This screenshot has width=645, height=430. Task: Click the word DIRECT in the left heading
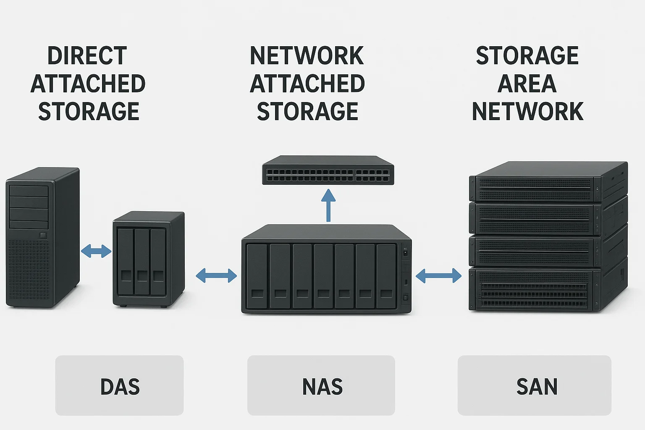pyautogui.click(x=87, y=56)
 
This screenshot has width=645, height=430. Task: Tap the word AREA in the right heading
pyautogui.click(x=527, y=84)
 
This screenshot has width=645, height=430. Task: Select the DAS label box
pyautogui.click(x=119, y=385)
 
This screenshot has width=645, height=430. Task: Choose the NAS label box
pyautogui.click(x=321, y=385)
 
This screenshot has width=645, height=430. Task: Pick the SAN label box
pyautogui.click(x=535, y=385)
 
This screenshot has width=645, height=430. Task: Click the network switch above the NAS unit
pyautogui.click(x=328, y=171)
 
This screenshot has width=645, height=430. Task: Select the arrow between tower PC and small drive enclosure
pyautogui.click(x=96, y=251)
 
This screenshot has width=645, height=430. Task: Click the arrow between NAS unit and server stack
pyautogui.click(x=438, y=276)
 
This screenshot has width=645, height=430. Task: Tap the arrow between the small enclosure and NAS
pyautogui.click(x=216, y=276)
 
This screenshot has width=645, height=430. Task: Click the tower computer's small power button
pyautogui.click(x=43, y=236)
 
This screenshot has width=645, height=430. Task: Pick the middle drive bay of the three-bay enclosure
pyautogui.click(x=142, y=261)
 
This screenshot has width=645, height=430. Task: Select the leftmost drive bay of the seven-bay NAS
pyautogui.click(x=257, y=276)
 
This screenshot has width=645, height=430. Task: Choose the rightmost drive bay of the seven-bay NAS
pyautogui.click(x=386, y=276)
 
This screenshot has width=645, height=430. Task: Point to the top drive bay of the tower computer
pyautogui.click(x=29, y=191)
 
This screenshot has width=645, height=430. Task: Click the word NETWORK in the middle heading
pyautogui.click(x=307, y=56)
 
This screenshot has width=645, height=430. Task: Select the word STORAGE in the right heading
pyautogui.click(x=527, y=56)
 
